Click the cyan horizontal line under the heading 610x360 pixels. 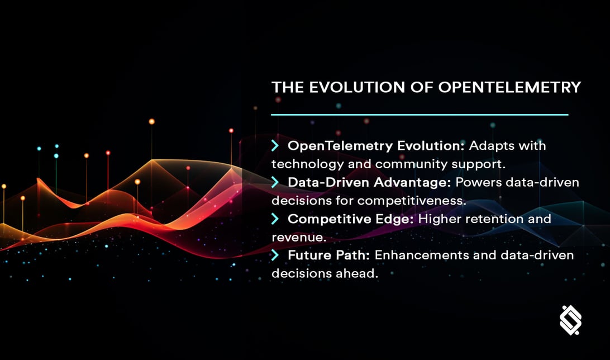420,115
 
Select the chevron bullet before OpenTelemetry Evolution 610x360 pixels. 275,146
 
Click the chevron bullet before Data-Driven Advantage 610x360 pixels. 275,182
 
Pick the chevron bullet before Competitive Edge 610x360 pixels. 275,219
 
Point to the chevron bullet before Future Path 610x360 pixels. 275,255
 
